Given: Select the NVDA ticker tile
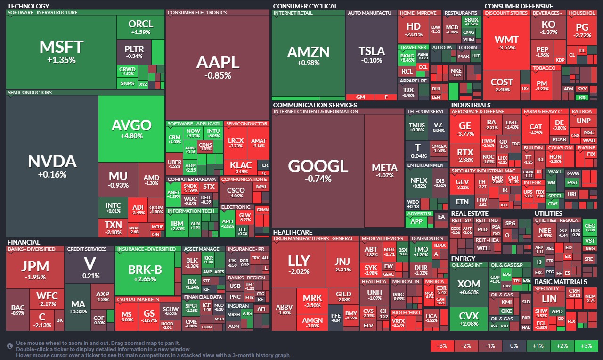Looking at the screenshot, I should pyautogui.click(x=52, y=166).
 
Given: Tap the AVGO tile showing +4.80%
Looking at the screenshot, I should pyautogui.click(x=131, y=128).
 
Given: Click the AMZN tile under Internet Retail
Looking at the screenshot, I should pyautogui.click(x=308, y=56).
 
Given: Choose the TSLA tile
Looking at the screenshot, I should pyautogui.click(x=371, y=54).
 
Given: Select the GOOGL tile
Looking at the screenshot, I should pyautogui.click(x=318, y=171).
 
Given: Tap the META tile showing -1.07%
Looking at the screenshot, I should pyautogui.click(x=384, y=171).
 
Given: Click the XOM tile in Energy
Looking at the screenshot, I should pyautogui.click(x=468, y=287).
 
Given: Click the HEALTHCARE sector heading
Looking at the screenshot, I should pyautogui.click(x=293, y=232).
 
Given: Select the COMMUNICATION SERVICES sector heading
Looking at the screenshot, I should pyautogui.click(x=315, y=105).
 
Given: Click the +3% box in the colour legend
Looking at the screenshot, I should pyautogui.click(x=586, y=345).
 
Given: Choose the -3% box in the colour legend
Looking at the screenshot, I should pyautogui.click(x=442, y=345).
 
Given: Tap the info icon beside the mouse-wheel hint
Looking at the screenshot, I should pyautogui.click(x=10, y=346).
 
